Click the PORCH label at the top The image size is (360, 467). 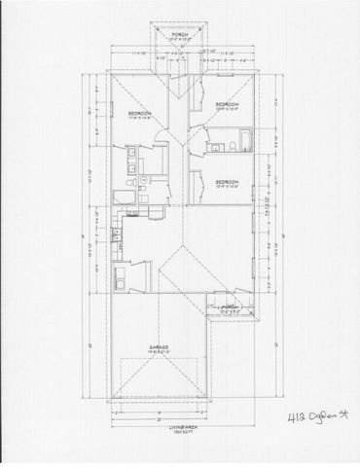pos(179,34)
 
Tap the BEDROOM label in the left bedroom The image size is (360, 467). pos(136,114)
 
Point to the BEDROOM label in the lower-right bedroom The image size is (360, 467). pos(227,181)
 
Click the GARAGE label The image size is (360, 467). pos(160,345)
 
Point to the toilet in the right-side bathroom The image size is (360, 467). pos(232,147)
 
